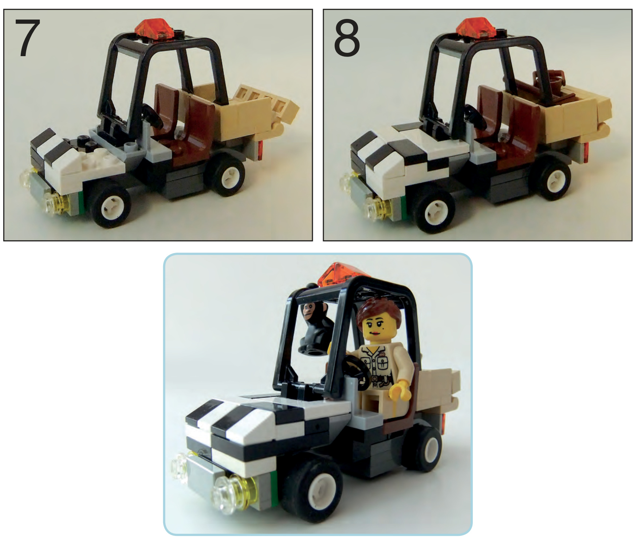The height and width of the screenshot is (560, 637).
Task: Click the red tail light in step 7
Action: [260, 151]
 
